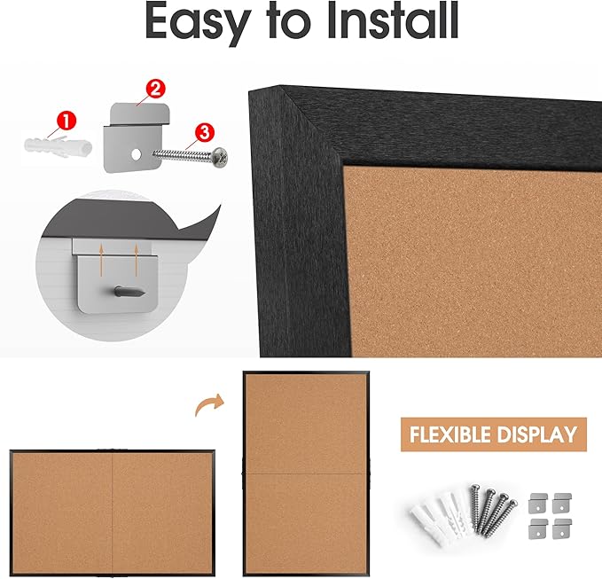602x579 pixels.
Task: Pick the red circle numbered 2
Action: point(154,89)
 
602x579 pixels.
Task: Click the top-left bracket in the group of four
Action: point(537,501)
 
